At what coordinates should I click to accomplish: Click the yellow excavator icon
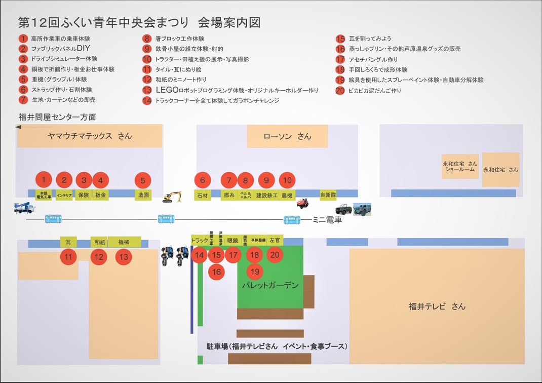[x=172, y=197]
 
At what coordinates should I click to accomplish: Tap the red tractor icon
[x=302, y=203]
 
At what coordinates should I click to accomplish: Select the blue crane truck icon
[x=24, y=208]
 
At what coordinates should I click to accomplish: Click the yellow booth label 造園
[x=143, y=195]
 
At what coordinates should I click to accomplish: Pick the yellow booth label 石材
[x=202, y=195]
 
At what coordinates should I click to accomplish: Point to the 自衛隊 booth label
[x=328, y=195]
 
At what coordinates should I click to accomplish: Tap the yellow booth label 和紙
[x=99, y=242]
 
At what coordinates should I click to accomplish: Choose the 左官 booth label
[x=275, y=240]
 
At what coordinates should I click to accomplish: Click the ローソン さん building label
[x=287, y=136]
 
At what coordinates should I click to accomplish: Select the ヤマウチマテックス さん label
[x=89, y=136]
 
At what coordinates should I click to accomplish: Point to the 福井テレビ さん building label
[x=437, y=306]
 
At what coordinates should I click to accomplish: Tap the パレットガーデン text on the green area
[x=270, y=286]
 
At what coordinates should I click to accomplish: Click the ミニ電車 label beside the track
[x=327, y=220]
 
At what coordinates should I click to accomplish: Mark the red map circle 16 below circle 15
[x=216, y=272]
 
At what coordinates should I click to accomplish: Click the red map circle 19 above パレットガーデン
[x=255, y=272]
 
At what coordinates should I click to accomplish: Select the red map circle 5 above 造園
[x=143, y=180]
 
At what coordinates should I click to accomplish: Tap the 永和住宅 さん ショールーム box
[x=460, y=166]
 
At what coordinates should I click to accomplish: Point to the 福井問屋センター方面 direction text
[x=57, y=118]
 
